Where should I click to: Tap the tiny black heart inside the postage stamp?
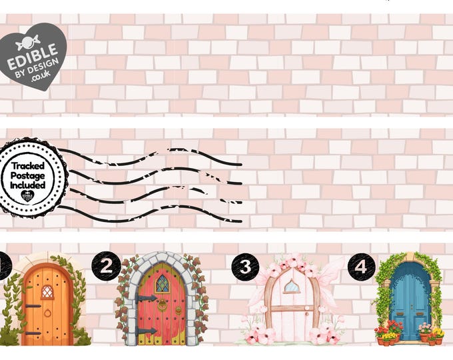28,195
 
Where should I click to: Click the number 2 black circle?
106,267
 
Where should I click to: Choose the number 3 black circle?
245,267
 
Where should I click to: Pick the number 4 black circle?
360,267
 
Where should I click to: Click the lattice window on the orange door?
47,291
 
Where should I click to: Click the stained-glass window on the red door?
162,284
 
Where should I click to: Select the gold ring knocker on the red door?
162,305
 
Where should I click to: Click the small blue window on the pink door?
291,287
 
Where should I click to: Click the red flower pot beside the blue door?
381,339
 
